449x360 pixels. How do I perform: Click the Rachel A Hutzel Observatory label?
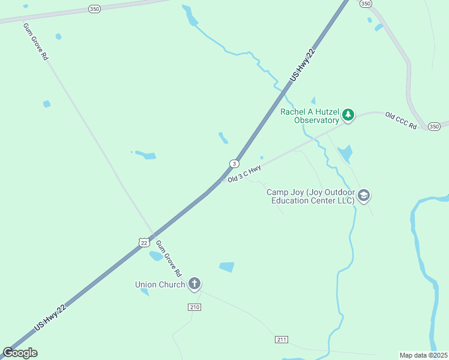tap(309, 116)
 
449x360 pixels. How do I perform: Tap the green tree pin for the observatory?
tap(348, 114)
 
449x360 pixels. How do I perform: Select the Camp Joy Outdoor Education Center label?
tap(310, 196)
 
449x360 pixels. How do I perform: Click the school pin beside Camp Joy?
tap(364, 195)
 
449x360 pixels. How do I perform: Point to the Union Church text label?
tap(160, 284)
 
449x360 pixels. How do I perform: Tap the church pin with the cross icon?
tap(194, 283)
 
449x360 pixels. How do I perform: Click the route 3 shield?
tap(234, 164)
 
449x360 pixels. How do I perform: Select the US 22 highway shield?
tap(142, 242)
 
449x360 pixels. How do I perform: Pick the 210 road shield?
tap(194, 307)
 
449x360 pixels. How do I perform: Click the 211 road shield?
tap(282, 340)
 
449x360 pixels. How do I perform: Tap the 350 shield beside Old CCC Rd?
tap(434, 126)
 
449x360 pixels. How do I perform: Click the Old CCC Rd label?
tap(401, 121)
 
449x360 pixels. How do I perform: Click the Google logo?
tap(20, 353)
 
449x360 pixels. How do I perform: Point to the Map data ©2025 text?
tap(424, 355)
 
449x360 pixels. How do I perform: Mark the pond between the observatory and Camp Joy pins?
tap(345, 154)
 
